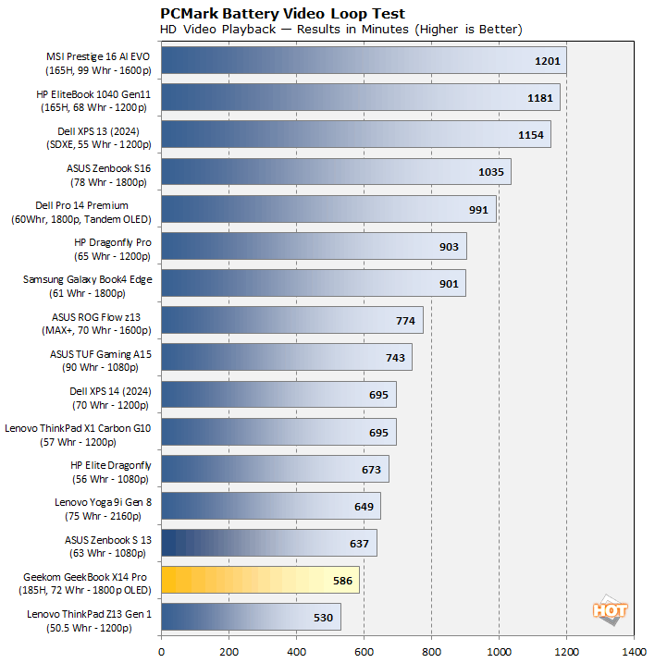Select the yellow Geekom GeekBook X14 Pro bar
(x=260, y=580)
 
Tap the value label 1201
(x=549, y=61)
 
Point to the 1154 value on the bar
(x=532, y=135)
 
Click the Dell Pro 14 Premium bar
(x=328, y=209)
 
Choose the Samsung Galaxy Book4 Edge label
(x=88, y=284)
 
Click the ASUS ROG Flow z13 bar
(x=291, y=320)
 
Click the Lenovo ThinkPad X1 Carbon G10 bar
(x=278, y=432)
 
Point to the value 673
(x=370, y=469)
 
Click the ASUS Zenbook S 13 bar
(x=268, y=543)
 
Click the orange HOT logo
(x=610, y=611)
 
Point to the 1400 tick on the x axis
(x=634, y=649)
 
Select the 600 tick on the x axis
(x=364, y=649)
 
